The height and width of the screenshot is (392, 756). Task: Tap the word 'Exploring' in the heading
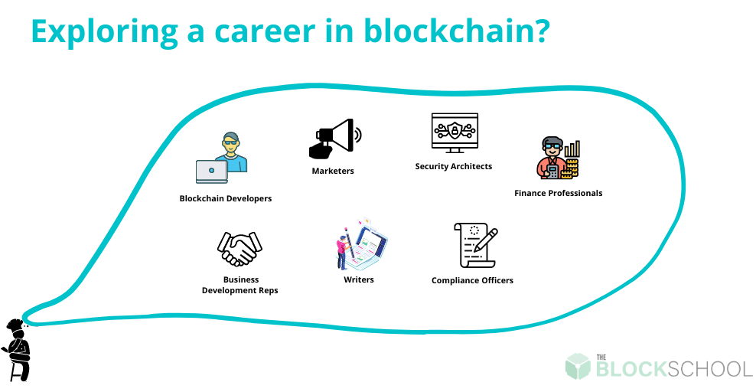coord(104,32)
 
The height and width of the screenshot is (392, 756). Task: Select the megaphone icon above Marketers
coord(335,139)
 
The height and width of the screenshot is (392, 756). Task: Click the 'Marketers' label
coord(333,171)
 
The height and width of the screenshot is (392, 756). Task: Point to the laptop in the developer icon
coord(212,171)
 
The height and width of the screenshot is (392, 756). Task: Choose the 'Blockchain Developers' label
coord(225,198)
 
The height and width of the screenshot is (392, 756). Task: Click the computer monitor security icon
coord(455,133)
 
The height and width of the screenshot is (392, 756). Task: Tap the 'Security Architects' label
coord(453,166)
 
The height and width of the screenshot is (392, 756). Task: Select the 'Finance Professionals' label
coord(558,193)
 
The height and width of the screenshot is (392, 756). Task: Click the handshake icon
coord(240,248)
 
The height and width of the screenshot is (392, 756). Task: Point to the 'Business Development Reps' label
coord(240,285)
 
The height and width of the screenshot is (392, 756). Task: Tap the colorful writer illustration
coord(361,244)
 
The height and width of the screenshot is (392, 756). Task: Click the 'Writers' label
coord(359,279)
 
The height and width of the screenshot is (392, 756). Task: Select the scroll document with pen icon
coord(475,246)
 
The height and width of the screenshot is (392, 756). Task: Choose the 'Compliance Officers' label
coord(472,280)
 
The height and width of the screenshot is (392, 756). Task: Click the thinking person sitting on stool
coord(18,350)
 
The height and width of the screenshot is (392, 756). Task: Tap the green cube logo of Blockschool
coord(578,367)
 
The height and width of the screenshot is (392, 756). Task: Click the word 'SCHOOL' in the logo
coord(710,369)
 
